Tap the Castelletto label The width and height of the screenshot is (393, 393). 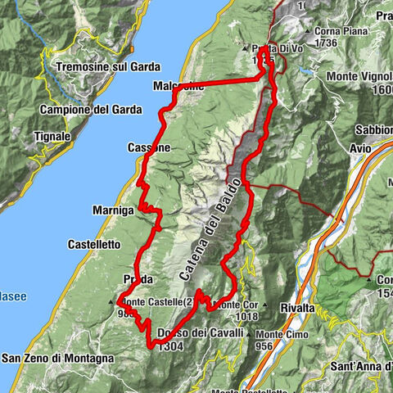94,244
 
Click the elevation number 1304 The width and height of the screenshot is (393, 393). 169,346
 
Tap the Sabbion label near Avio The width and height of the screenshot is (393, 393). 373,129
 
